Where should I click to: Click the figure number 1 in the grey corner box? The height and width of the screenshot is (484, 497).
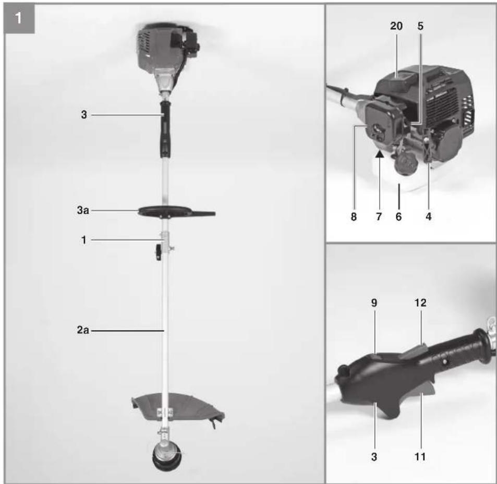click(x=18, y=18)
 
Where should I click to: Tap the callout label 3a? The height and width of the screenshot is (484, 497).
click(x=83, y=210)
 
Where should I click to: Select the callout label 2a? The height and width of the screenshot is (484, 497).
click(x=83, y=330)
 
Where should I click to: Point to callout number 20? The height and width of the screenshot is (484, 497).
click(x=396, y=26)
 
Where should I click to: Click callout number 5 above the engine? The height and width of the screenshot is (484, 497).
click(x=420, y=26)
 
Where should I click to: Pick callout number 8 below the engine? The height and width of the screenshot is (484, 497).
click(x=354, y=217)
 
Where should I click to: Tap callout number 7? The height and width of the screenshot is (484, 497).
click(x=379, y=217)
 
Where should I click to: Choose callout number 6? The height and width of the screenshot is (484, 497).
click(x=399, y=217)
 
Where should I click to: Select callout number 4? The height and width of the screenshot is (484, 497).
click(x=429, y=217)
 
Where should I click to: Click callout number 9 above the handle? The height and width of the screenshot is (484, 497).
click(x=374, y=303)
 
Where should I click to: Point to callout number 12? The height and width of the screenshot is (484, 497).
click(x=420, y=303)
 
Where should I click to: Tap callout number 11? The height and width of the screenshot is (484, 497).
click(x=420, y=457)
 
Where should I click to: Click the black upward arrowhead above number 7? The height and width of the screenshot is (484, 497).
click(x=380, y=154)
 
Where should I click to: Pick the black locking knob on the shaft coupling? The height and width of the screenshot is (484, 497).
click(x=159, y=252)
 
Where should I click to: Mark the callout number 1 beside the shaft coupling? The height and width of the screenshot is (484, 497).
click(x=83, y=240)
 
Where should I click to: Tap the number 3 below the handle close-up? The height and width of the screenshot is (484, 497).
click(x=374, y=457)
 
